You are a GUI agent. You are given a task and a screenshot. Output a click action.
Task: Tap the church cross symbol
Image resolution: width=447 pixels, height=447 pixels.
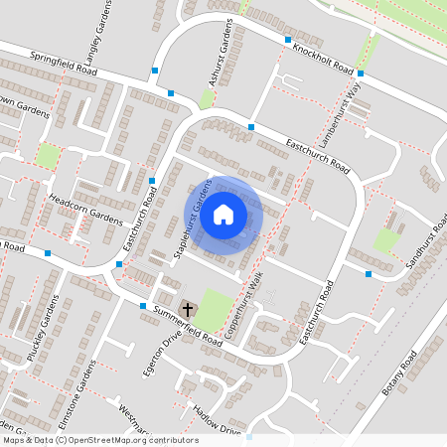[187, 309]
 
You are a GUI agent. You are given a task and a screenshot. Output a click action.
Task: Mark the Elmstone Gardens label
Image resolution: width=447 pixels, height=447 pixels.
[76, 394]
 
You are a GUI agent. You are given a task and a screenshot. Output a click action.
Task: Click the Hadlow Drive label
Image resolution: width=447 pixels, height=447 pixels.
[218, 421]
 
